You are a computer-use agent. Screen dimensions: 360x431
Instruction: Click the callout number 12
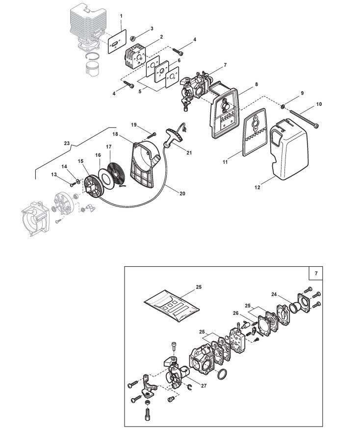click(257, 187)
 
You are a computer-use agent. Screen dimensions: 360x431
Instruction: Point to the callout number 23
click(67, 143)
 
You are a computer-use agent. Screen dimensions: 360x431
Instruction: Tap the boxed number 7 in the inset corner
click(316, 273)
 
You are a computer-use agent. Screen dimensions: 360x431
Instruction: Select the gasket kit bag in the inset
click(172, 305)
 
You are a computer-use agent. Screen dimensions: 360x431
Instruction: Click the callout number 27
click(204, 386)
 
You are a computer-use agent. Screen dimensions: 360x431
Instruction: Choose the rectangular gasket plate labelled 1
click(117, 42)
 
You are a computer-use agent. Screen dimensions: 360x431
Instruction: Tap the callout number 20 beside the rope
click(182, 194)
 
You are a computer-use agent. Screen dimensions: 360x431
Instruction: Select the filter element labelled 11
click(255, 132)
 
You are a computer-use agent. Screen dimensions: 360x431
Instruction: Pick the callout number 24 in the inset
click(274, 294)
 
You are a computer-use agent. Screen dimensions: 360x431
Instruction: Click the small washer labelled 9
click(283, 106)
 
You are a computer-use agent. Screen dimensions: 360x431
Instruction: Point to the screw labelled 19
click(152, 135)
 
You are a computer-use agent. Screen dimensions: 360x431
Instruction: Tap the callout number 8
click(257, 84)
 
